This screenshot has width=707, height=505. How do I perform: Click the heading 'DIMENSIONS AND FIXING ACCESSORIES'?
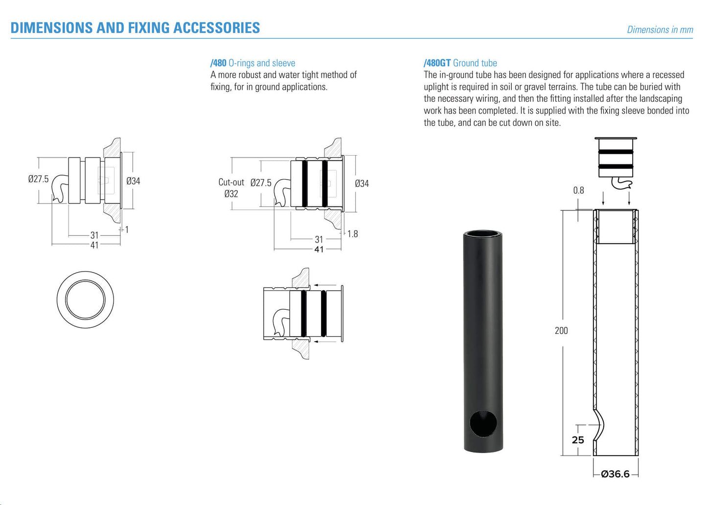click(x=135, y=28)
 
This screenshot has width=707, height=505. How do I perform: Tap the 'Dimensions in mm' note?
click(x=660, y=30)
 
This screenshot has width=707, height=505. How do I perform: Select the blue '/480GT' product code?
click(x=437, y=63)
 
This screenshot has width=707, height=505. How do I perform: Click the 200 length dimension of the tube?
click(x=561, y=331)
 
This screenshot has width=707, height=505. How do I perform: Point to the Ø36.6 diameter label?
click(x=615, y=474)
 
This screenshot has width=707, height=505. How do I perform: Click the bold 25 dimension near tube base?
click(x=578, y=440)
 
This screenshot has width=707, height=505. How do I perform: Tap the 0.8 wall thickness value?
click(x=578, y=190)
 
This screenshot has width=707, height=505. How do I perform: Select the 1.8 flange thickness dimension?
click(x=352, y=234)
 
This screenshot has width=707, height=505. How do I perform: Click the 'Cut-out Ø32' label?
click(x=231, y=188)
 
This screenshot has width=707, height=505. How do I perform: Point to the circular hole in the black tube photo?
click(x=483, y=424)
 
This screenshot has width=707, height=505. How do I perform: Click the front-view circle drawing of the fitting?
click(x=85, y=299)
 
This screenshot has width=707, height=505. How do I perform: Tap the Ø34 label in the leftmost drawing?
click(x=133, y=181)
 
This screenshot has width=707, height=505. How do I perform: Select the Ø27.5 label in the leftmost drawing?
click(x=38, y=179)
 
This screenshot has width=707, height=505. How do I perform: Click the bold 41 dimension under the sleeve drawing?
click(x=319, y=250)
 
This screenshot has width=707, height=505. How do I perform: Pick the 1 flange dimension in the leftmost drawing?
click(x=127, y=230)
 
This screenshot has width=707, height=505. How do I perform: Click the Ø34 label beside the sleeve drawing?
click(x=362, y=184)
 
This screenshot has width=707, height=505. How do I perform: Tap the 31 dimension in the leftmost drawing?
click(x=94, y=235)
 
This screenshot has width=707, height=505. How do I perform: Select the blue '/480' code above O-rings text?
click(x=218, y=63)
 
